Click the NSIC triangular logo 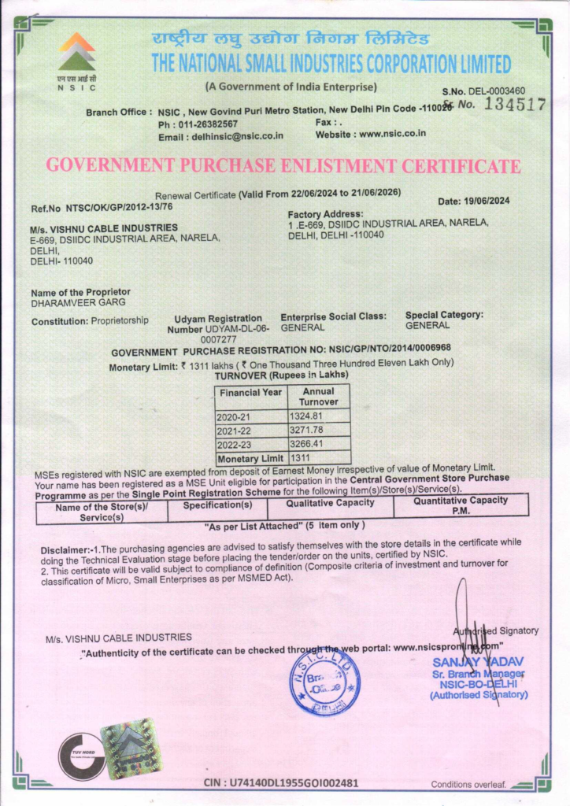(x=76, y=53)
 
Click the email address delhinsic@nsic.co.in (x=235, y=137)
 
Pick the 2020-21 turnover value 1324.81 (x=307, y=416)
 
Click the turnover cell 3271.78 (x=307, y=430)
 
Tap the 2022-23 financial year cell (x=233, y=444)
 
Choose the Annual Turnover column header (x=318, y=397)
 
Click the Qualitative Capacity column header (x=330, y=503)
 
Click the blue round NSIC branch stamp (x=324, y=680)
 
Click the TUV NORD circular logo (x=82, y=756)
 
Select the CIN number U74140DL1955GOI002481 (x=293, y=783)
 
